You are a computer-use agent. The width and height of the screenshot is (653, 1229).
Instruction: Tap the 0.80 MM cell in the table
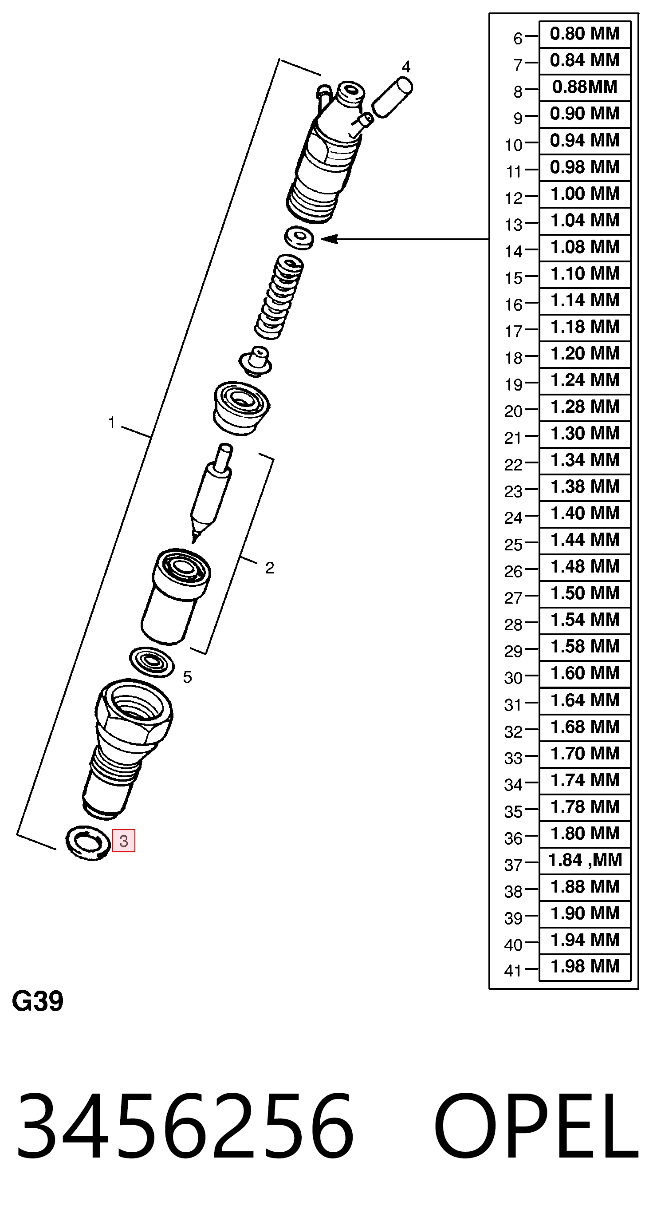585,34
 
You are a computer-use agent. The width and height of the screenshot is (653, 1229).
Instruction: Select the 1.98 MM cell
585,967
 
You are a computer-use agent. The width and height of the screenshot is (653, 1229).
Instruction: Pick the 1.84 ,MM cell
585,860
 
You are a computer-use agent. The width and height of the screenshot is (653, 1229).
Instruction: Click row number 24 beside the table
513,518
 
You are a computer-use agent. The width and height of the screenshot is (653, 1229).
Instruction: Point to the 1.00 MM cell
585,194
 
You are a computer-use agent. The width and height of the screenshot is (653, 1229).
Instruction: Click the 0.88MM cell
585,87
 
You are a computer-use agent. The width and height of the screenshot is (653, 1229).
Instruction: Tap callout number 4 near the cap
406,66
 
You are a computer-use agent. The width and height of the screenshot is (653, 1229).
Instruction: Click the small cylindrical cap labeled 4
392,98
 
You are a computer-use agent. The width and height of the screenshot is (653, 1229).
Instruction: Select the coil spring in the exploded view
279,296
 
